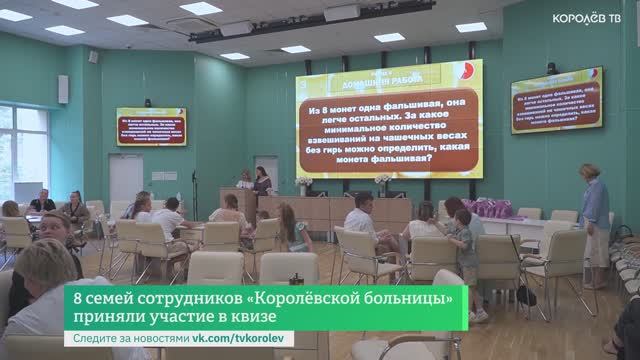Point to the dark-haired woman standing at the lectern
262,182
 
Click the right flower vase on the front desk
382,184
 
